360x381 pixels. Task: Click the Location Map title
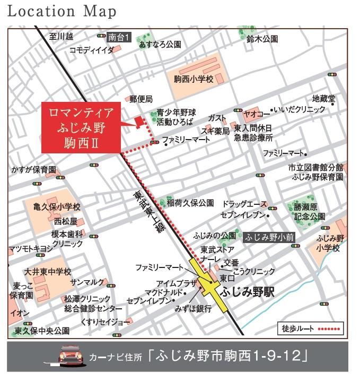pyautogui.click(x=62, y=11)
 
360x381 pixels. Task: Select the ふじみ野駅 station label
pyautogui.click(x=247, y=292)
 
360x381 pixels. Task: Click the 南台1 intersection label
pyautogui.click(x=119, y=37)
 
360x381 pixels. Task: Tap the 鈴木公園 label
pyautogui.click(x=262, y=39)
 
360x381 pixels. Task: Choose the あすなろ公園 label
pyautogui.click(x=160, y=45)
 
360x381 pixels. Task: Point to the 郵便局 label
pyautogui.click(x=141, y=99)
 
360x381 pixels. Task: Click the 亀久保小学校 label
pyautogui.click(x=56, y=206)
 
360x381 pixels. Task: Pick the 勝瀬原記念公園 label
pyautogui.click(x=310, y=212)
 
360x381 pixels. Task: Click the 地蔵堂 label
pyautogui.click(x=323, y=99)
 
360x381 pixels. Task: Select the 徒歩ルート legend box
pyautogui.click(x=310, y=328)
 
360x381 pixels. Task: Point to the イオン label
pyautogui.click(x=19, y=313)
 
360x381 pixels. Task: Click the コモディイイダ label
pyautogui.click(x=92, y=50)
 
